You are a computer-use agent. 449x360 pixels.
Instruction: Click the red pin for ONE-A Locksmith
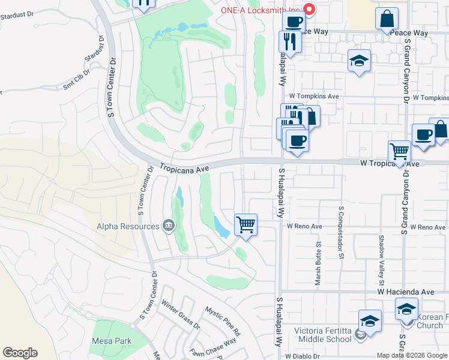(x=310, y=9)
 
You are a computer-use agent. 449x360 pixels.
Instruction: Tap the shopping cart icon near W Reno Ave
(x=246, y=226)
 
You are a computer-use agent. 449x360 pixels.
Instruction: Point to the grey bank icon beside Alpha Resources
(x=169, y=226)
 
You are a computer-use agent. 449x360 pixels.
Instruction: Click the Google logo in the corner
(x=20, y=353)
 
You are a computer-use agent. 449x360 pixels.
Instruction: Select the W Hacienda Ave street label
(x=405, y=292)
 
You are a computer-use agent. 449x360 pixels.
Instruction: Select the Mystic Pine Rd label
(x=223, y=322)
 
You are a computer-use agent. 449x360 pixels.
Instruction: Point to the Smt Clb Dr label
(x=76, y=80)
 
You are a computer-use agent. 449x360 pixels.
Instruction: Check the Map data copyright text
(x=412, y=355)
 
